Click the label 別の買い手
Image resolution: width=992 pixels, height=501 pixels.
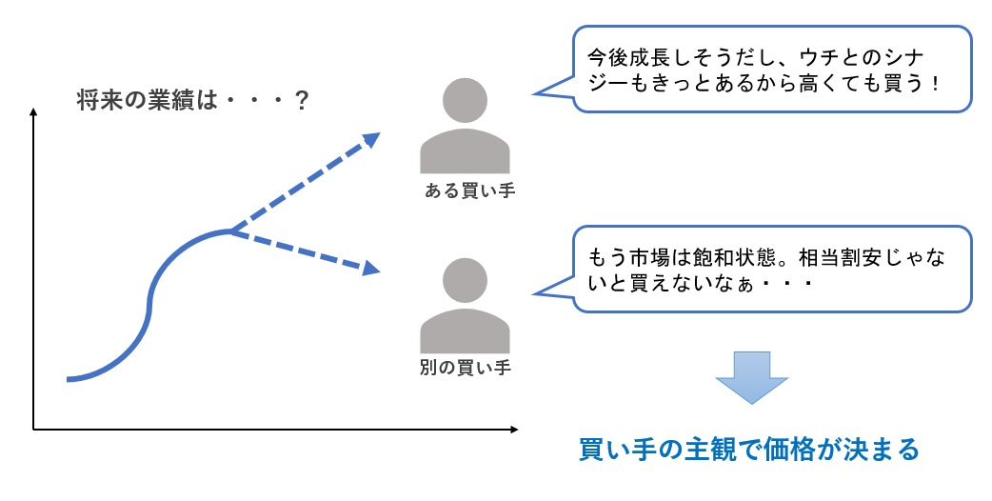pos(465,367)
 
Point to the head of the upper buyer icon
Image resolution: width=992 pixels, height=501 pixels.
pos(465,99)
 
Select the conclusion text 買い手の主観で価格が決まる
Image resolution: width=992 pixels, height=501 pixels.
pos(750,449)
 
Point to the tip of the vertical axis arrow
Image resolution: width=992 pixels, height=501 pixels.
pos(33,112)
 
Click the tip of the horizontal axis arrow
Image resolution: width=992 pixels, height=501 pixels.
pos(515,430)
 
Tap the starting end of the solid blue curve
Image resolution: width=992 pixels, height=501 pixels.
pos(69,379)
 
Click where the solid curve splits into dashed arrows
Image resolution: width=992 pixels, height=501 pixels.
pos(230,230)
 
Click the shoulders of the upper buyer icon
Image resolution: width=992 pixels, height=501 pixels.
pos(465,152)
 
